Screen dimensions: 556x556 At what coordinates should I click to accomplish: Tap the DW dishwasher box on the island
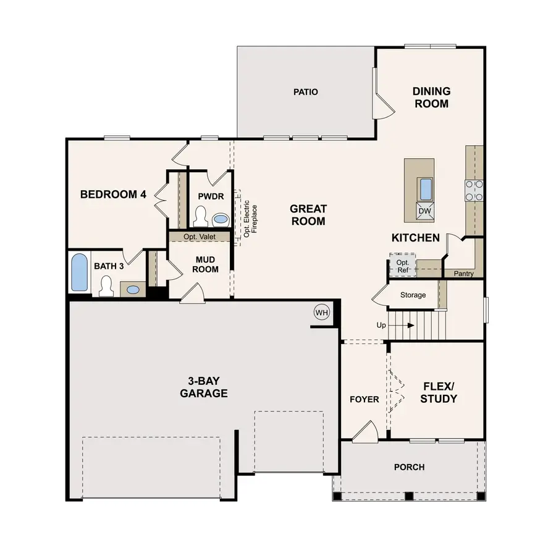[424, 211]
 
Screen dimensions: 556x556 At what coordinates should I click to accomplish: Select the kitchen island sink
[426, 188]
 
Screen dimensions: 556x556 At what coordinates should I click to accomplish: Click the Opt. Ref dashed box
[402, 266]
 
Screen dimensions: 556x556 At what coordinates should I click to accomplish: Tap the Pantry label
[463, 274]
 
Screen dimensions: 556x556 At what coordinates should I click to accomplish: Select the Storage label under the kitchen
[413, 295]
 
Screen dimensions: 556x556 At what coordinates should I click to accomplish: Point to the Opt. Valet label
[198, 237]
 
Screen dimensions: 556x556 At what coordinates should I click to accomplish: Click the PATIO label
[306, 92]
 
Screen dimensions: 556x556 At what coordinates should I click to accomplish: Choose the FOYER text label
[364, 399]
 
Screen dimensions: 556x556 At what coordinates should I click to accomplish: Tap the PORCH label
[409, 467]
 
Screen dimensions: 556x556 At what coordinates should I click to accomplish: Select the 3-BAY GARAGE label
[204, 387]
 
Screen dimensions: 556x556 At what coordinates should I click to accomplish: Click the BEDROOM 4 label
[113, 194]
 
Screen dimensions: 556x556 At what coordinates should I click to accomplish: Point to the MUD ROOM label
[206, 264]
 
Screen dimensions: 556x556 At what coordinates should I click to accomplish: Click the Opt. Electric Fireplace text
[250, 218]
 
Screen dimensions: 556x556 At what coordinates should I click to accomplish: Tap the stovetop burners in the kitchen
[474, 190]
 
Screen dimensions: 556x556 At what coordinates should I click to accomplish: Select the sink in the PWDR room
[221, 219]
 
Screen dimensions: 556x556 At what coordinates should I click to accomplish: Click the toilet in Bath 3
[106, 285]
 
